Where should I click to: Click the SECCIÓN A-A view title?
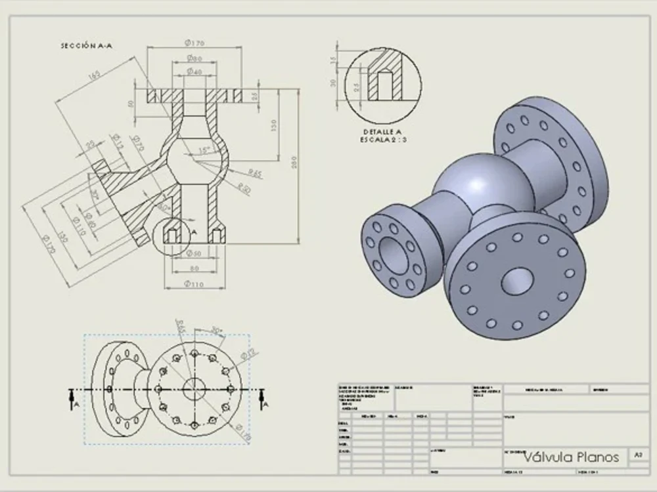coord(85,46)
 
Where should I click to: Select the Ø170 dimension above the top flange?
coord(194,43)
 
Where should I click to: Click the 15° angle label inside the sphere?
coord(205,150)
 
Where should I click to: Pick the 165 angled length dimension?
coord(94,75)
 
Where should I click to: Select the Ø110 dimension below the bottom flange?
coord(193,283)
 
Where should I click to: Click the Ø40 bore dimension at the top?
coord(194,70)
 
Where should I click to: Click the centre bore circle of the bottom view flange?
coord(194,389)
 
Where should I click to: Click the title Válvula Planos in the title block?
coord(571,457)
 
